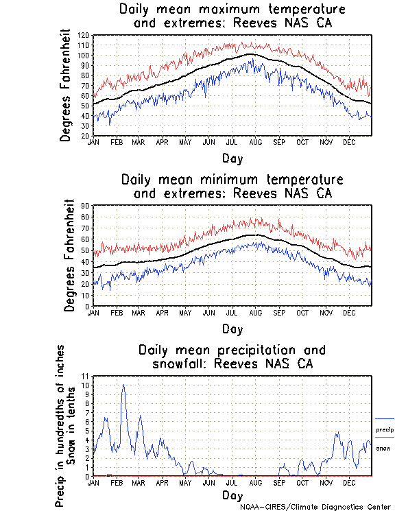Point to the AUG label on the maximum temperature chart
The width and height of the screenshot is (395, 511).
click(255, 142)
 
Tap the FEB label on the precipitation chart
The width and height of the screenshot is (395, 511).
click(116, 483)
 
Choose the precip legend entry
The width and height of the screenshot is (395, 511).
click(384, 429)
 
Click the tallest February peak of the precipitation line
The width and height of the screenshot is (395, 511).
click(123, 385)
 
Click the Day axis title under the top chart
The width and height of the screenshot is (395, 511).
click(232, 158)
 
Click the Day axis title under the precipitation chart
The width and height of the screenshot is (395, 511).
click(232, 495)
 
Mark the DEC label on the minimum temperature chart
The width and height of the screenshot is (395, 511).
click(348, 312)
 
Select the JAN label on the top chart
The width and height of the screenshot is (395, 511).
click(94, 142)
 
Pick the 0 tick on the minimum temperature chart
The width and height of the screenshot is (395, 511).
click(88, 306)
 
